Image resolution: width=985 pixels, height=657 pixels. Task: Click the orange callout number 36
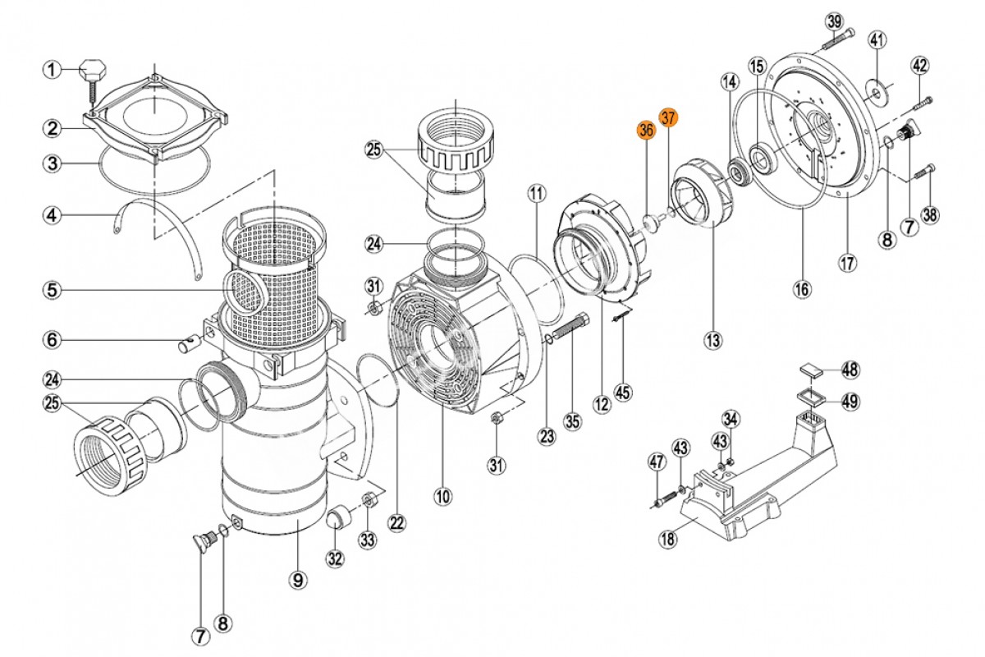[x=645, y=130]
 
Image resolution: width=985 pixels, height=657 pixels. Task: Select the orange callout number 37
[x=669, y=117]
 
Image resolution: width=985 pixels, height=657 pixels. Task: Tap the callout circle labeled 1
[x=52, y=70]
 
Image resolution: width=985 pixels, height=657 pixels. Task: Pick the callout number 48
[x=850, y=370]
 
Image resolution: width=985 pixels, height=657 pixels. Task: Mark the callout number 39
[x=834, y=20]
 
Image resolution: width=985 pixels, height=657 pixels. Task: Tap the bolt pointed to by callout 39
[x=836, y=35]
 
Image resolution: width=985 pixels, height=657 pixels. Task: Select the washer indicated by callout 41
[x=878, y=88]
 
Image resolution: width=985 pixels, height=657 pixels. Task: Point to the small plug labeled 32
[x=338, y=519]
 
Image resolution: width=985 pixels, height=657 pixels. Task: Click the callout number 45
[x=624, y=393]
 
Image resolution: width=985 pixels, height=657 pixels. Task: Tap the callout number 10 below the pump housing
[x=443, y=496]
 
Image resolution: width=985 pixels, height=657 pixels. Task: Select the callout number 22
[x=397, y=522]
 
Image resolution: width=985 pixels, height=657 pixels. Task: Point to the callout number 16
[x=802, y=288]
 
